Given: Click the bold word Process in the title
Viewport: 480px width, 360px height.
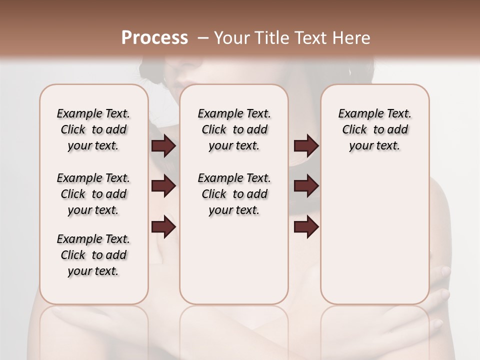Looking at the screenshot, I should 154,38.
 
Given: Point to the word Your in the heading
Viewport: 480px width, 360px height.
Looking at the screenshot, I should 232,38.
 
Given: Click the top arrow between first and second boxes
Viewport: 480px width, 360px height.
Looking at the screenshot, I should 163,145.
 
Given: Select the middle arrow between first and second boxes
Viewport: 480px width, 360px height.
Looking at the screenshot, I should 163,186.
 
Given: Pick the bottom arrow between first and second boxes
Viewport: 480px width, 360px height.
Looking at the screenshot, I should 163,227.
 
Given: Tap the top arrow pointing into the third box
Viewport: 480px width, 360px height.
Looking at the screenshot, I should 306,145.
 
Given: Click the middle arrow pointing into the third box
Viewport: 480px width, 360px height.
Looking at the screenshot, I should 306,186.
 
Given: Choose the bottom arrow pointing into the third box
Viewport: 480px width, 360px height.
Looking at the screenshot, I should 306,227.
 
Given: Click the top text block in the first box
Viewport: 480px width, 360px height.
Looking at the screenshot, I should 93,129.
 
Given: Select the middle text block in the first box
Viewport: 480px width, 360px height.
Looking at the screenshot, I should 93,194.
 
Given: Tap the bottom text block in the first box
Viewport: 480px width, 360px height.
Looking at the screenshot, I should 93,255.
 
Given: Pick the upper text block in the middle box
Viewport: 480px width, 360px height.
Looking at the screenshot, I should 234,129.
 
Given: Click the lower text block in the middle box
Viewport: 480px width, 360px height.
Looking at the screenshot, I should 234,194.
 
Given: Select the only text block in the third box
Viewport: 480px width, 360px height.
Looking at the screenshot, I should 375,129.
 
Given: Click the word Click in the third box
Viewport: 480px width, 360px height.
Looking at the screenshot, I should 354,130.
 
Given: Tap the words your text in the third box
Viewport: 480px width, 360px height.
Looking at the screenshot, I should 374,146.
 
